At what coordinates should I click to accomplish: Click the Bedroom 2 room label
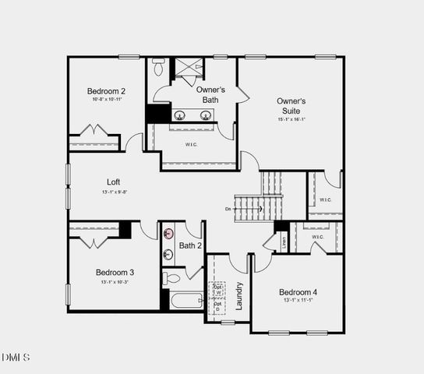[x=106, y=91]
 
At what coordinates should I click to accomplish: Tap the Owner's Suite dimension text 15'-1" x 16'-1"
[x=291, y=119]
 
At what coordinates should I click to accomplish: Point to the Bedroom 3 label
[x=115, y=272]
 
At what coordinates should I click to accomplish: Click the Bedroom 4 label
[x=299, y=292]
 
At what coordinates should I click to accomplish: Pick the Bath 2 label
[x=191, y=246]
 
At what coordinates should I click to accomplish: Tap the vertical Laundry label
[x=240, y=296]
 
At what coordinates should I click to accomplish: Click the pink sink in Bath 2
[x=168, y=233]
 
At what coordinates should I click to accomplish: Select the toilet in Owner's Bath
[x=159, y=69]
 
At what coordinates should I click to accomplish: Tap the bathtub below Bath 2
[x=184, y=300]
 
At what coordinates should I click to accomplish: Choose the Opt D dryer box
[x=217, y=305]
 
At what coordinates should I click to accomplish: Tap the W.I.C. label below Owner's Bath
[x=192, y=145]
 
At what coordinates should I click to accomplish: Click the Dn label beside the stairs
[x=228, y=209]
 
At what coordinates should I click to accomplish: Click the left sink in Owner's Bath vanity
[x=180, y=116]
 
